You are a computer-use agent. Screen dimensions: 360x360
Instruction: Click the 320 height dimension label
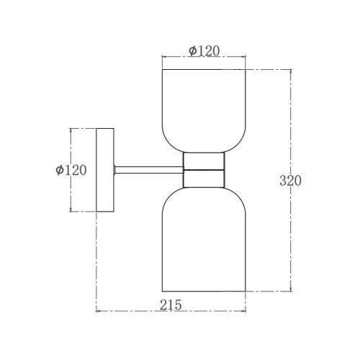pos(290,181)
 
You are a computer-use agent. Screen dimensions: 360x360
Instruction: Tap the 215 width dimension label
pos(171,305)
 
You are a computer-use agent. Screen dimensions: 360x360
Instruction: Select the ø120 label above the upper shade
pos(204,50)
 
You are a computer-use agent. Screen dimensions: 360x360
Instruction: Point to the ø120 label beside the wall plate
pos(71,170)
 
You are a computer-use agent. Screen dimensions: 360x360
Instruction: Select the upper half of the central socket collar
pos(204,161)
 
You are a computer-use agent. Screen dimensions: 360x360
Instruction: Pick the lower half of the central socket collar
pos(204,179)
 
